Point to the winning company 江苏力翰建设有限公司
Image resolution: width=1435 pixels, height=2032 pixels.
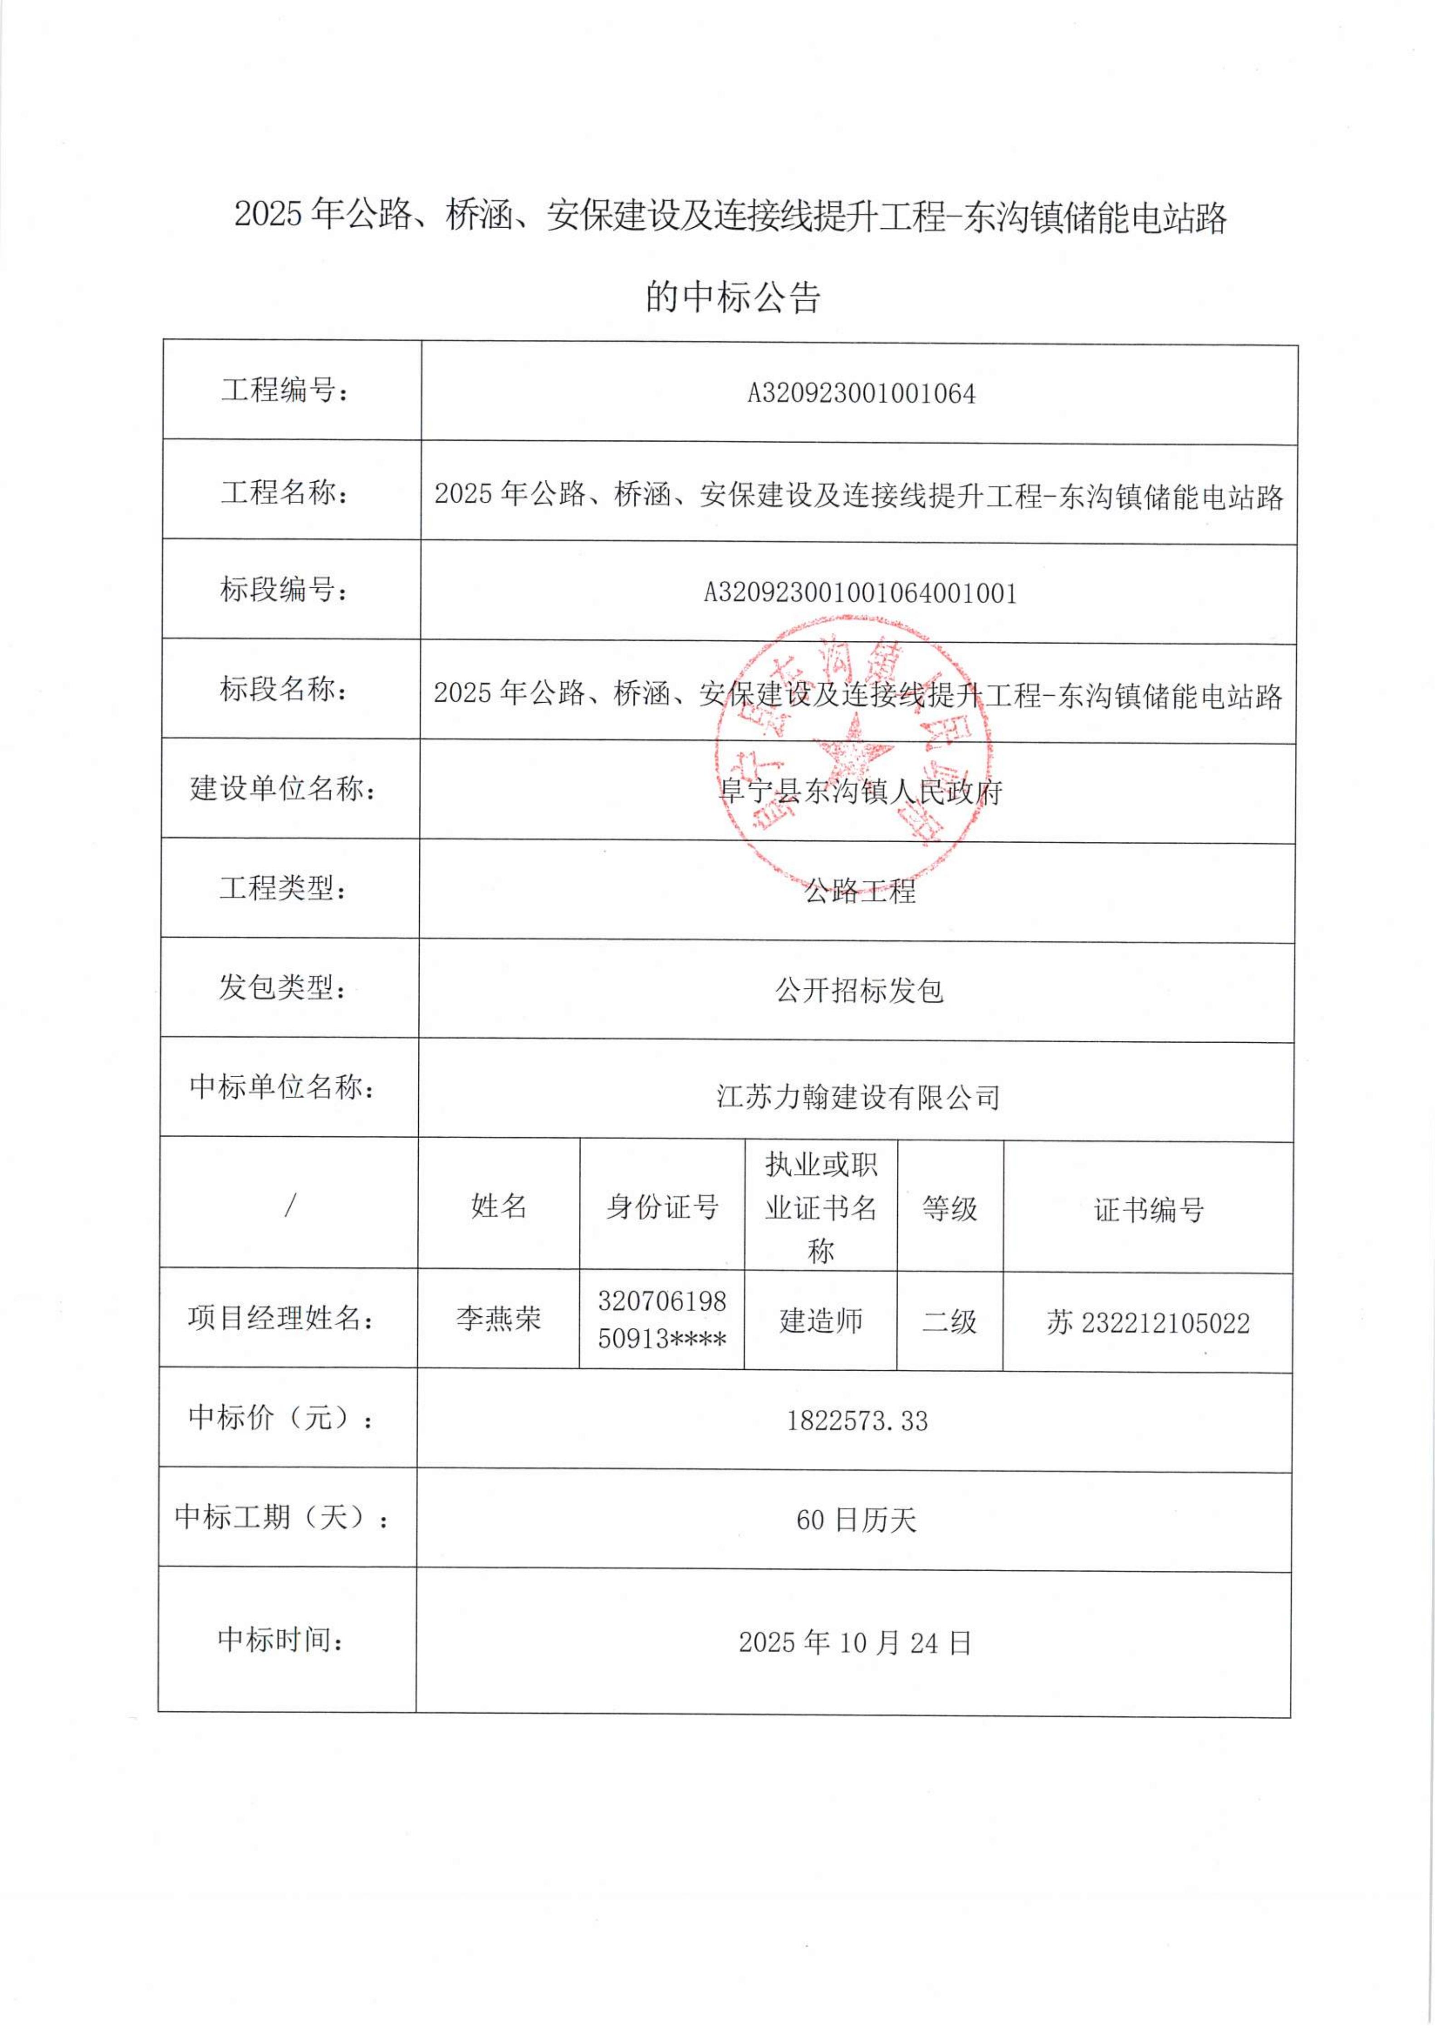click(858, 1098)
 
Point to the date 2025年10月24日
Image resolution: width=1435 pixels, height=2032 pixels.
click(855, 1642)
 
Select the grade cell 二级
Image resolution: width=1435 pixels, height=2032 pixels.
click(949, 1321)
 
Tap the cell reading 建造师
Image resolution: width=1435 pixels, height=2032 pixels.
click(821, 1320)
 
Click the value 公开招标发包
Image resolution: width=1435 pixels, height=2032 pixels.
click(859, 990)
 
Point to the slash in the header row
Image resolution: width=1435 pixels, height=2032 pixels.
click(289, 1206)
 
